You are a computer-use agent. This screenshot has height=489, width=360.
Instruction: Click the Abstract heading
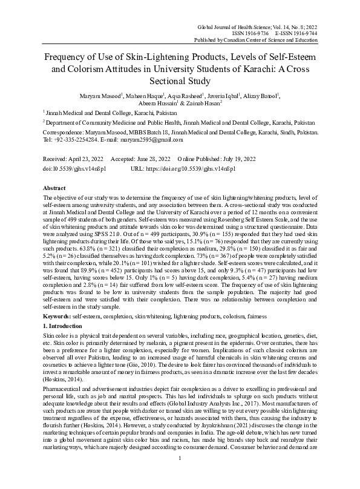pyautogui.click(x=54, y=188)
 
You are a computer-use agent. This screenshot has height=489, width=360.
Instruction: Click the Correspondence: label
pyautogui.click(x=67, y=131)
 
